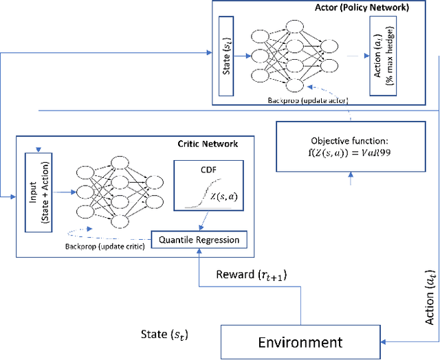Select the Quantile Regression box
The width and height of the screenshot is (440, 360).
tap(199, 240)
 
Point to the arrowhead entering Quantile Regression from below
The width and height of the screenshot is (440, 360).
tap(199, 251)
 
